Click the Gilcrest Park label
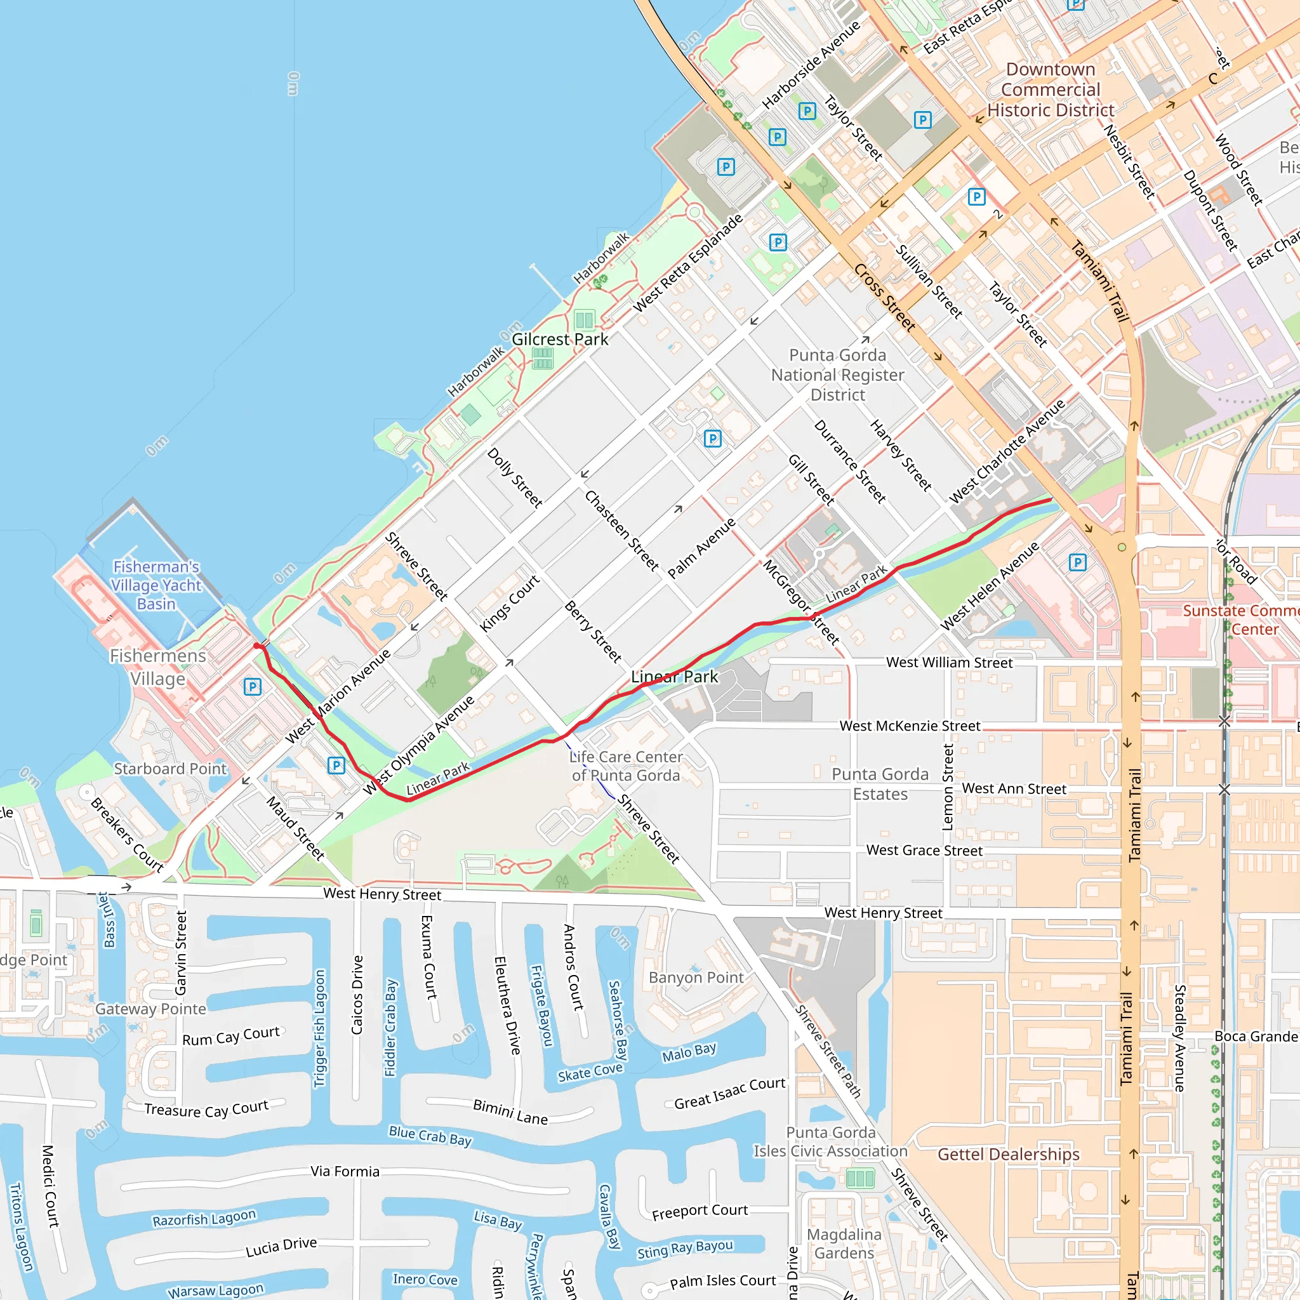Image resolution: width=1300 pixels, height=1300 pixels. coord(560,339)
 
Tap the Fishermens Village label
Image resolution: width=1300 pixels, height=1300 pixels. coord(158,667)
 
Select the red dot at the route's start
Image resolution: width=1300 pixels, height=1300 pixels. coord(256,646)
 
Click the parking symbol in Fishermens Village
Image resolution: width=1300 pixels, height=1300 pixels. coord(253,686)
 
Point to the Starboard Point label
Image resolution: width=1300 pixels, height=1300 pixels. coord(170,769)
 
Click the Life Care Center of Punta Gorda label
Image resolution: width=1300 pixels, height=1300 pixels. coord(626,766)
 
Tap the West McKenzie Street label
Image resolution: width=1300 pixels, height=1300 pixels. coord(910,726)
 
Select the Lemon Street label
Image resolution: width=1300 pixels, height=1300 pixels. coord(948,786)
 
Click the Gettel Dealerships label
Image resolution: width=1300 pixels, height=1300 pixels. coord(1008,1154)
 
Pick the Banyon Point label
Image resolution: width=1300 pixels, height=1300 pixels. coord(696,977)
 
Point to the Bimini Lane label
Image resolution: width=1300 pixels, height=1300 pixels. coord(510,1111)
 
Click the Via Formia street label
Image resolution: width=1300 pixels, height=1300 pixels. coord(345,1172)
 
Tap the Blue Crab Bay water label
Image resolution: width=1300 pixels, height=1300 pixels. coord(430,1135)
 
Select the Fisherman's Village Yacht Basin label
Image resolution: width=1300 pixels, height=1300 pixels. coord(156,585)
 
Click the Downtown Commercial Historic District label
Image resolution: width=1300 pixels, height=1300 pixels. coord(1051,90)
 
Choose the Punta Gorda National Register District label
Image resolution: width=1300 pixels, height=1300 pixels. coord(838,374)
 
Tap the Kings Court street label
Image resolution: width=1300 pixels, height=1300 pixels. coord(509,603)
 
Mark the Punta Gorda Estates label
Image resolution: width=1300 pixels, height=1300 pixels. coord(880,784)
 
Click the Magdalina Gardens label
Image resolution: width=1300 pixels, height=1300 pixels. coord(844,1244)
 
